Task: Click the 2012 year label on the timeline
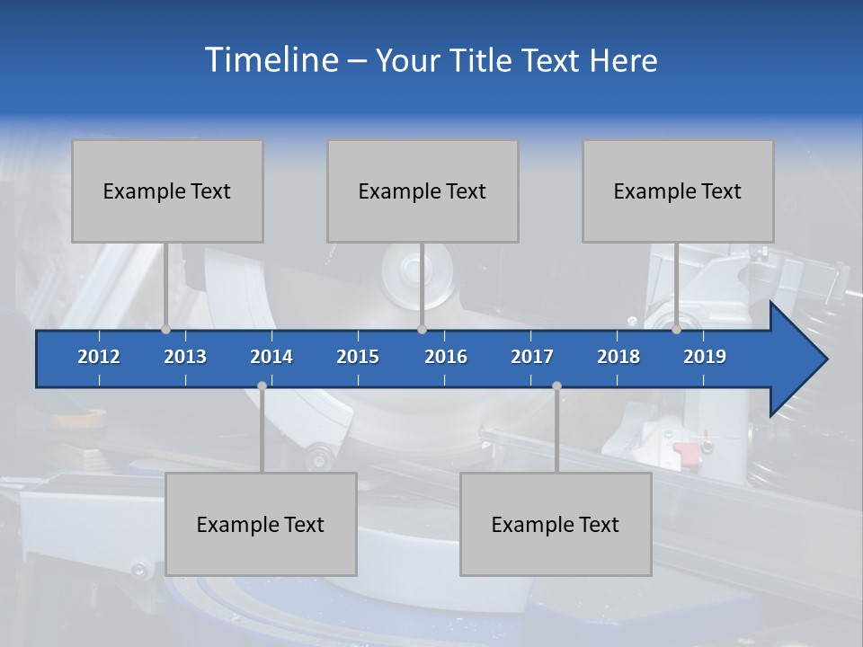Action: tap(99, 357)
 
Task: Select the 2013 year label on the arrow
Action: tap(185, 357)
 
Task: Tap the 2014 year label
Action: tap(271, 357)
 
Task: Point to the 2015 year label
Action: tap(358, 357)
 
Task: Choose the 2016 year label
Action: tap(446, 357)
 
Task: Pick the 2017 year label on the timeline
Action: tap(532, 357)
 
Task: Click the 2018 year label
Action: tap(618, 357)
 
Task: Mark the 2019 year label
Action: tap(705, 357)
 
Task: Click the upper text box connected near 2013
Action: tap(167, 191)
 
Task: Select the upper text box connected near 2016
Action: tap(423, 191)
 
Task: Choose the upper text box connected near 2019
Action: tap(678, 191)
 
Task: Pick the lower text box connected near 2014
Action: tap(261, 524)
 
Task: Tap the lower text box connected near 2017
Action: tap(556, 524)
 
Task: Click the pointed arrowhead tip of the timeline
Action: tap(824, 359)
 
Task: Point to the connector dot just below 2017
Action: tap(556, 386)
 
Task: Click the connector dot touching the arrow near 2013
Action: tap(166, 330)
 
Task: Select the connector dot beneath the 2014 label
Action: tap(262, 386)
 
